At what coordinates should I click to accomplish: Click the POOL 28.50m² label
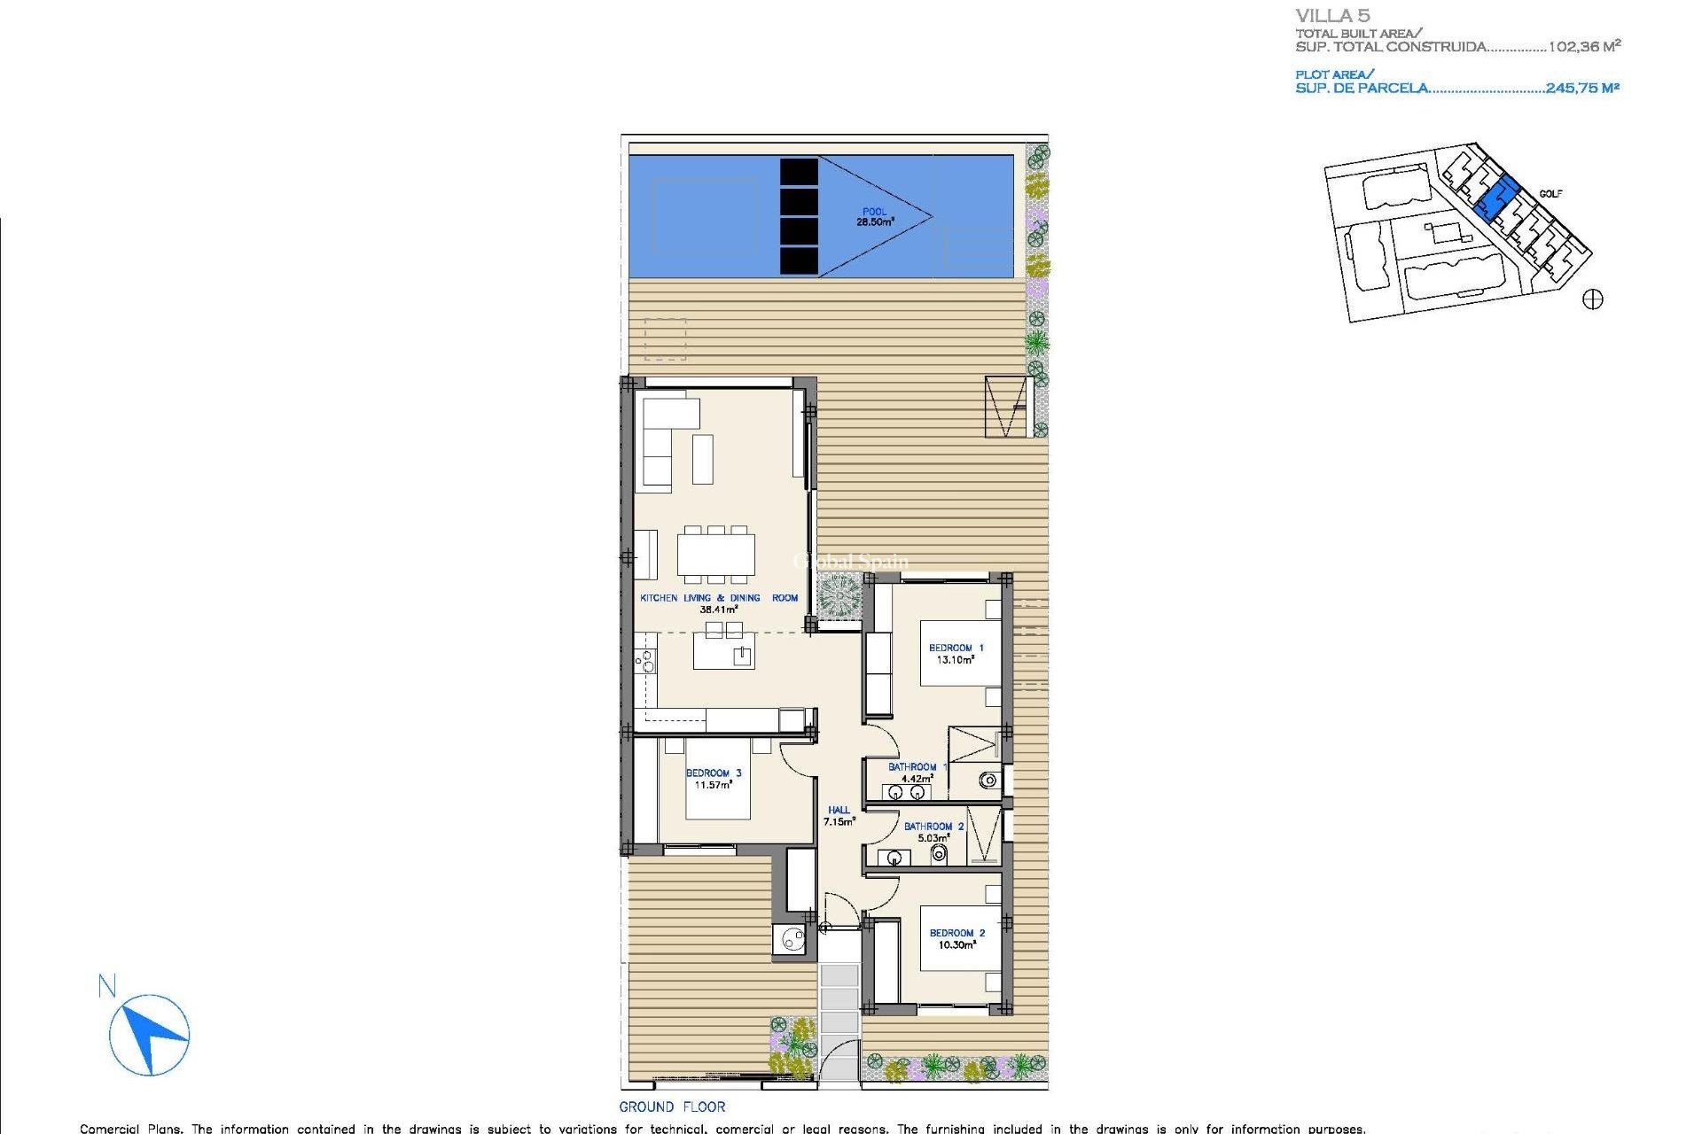point(874,217)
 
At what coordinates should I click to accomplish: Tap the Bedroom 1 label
point(956,654)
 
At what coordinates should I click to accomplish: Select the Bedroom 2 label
point(956,939)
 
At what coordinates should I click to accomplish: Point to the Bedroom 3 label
point(714,779)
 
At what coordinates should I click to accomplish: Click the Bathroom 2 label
point(933,832)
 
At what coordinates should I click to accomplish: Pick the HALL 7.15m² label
point(839,816)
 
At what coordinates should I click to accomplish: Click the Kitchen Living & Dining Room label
point(719,603)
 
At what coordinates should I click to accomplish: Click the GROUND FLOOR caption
point(672,1107)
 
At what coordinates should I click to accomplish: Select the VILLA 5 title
point(1332,16)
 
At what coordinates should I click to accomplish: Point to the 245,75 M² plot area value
point(1582,88)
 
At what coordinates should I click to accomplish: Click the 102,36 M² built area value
point(1584,46)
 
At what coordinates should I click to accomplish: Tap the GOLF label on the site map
point(1550,194)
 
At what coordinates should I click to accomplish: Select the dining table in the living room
point(716,555)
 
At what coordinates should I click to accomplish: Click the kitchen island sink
point(742,656)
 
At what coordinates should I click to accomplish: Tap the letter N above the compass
point(107,986)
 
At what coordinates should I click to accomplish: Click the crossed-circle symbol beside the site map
point(1593,299)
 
